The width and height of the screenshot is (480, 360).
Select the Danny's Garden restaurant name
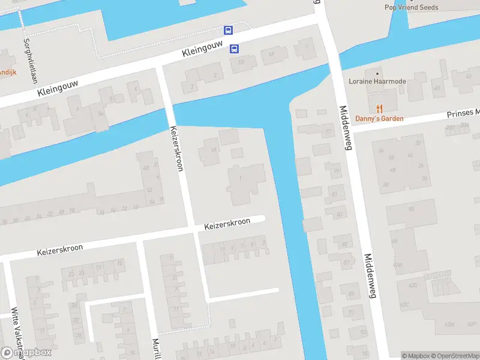click(379, 118)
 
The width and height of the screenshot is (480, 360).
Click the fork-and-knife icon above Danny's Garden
click(379, 108)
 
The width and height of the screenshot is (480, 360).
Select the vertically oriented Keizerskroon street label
click(176, 149)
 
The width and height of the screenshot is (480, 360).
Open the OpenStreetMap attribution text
click(453, 356)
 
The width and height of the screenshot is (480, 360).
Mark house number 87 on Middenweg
click(347, 263)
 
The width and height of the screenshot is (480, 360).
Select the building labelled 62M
click(449, 324)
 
